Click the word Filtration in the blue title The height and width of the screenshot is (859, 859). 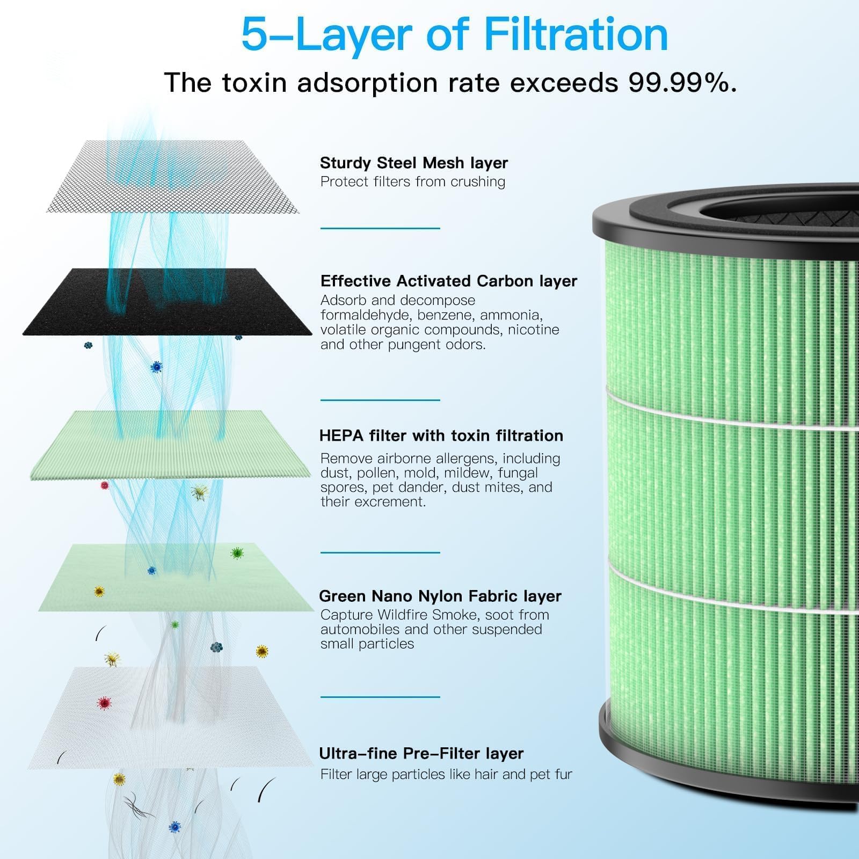click(x=576, y=34)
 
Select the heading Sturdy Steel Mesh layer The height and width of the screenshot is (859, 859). click(x=414, y=163)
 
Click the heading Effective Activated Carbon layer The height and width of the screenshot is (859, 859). click(x=449, y=281)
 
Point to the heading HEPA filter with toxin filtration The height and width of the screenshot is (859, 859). click(x=441, y=435)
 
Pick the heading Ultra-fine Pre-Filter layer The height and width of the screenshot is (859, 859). click(x=421, y=753)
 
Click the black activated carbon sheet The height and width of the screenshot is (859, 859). click(x=166, y=302)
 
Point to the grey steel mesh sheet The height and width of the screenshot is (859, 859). click(x=173, y=177)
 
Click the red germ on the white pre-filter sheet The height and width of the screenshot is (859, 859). click(x=104, y=703)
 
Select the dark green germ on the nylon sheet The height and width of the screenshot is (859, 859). click(x=237, y=553)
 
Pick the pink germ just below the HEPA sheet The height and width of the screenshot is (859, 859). click(x=105, y=485)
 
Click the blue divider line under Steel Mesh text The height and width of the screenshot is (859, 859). click(x=380, y=228)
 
